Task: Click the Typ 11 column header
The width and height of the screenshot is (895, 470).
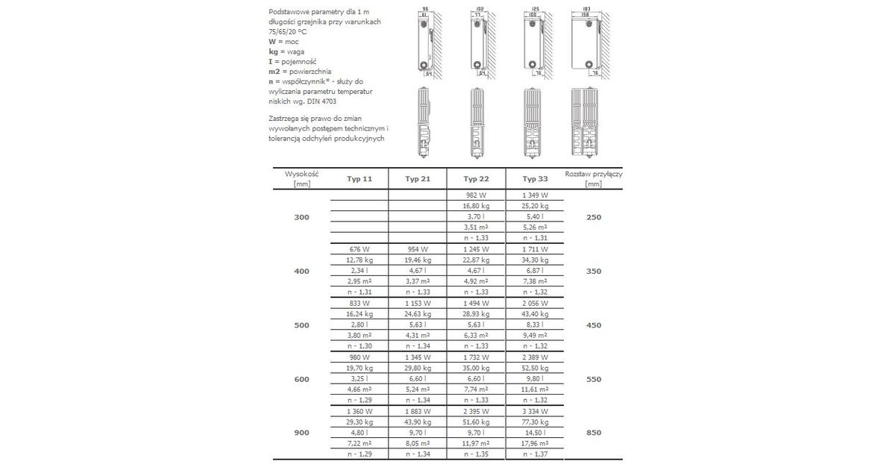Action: point(359,179)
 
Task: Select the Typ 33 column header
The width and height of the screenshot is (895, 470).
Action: point(535,179)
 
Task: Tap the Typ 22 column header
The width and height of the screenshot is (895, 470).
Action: point(476,179)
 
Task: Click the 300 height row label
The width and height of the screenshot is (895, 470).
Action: point(301,217)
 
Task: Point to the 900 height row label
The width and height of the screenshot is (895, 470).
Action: point(301,433)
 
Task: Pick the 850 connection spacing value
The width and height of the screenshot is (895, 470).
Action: point(594,433)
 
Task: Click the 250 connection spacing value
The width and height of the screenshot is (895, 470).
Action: point(594,217)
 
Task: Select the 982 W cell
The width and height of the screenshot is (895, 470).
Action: point(476,195)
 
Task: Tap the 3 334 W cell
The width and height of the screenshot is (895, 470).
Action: point(535,411)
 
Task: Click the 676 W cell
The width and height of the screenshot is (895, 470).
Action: point(359,249)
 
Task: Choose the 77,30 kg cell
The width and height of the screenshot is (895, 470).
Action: point(535,422)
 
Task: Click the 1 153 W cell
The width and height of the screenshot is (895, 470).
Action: point(418,303)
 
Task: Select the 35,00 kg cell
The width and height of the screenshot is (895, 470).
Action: point(476,368)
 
